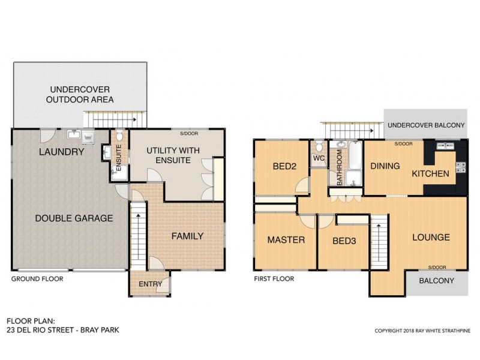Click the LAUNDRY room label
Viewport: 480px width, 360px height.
(61, 152)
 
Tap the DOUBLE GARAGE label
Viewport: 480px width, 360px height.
(73, 218)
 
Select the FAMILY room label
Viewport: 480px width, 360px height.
(188, 236)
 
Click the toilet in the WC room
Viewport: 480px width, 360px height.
(318, 147)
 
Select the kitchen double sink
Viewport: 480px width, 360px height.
(445, 146)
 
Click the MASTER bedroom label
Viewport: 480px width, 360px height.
(286, 240)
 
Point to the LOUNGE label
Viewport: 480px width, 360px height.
(431, 238)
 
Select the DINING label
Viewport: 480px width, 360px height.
(385, 166)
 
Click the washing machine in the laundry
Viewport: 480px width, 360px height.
(88, 137)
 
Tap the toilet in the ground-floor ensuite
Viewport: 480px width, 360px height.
(118, 137)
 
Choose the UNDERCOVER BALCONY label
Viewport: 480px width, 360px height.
(426, 125)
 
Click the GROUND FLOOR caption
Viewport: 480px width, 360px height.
(37, 279)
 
